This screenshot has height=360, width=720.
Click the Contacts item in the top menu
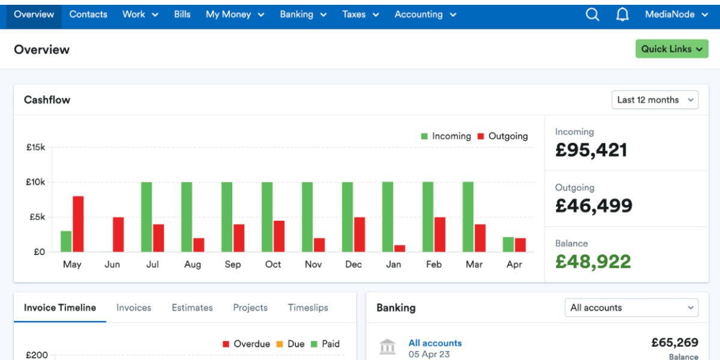pos(88,14)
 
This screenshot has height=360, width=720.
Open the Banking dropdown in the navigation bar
pos(304,14)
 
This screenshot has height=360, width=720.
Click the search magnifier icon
pos(592,14)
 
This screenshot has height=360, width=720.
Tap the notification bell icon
pos(623,14)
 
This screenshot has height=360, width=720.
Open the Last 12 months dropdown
pos(655,100)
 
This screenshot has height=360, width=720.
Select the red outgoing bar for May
pos(78,224)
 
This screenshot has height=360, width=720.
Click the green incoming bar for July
pos(146,217)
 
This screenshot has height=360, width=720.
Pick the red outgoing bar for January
pos(400,248)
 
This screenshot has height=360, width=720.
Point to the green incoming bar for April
pos(508,244)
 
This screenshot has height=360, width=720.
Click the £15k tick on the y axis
pos(35,147)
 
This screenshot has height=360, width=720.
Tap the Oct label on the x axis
pos(273,265)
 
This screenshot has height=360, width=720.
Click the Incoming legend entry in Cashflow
pos(446,136)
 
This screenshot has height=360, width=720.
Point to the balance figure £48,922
pos(593,262)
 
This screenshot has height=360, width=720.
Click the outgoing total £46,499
pos(593,206)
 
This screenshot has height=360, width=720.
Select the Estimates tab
pos(192,308)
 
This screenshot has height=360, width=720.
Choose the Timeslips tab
pos(308,308)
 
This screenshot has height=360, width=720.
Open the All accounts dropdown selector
pos(631,308)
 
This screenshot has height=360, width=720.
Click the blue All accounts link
pos(435,343)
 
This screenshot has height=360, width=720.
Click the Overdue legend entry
pos(246,344)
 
